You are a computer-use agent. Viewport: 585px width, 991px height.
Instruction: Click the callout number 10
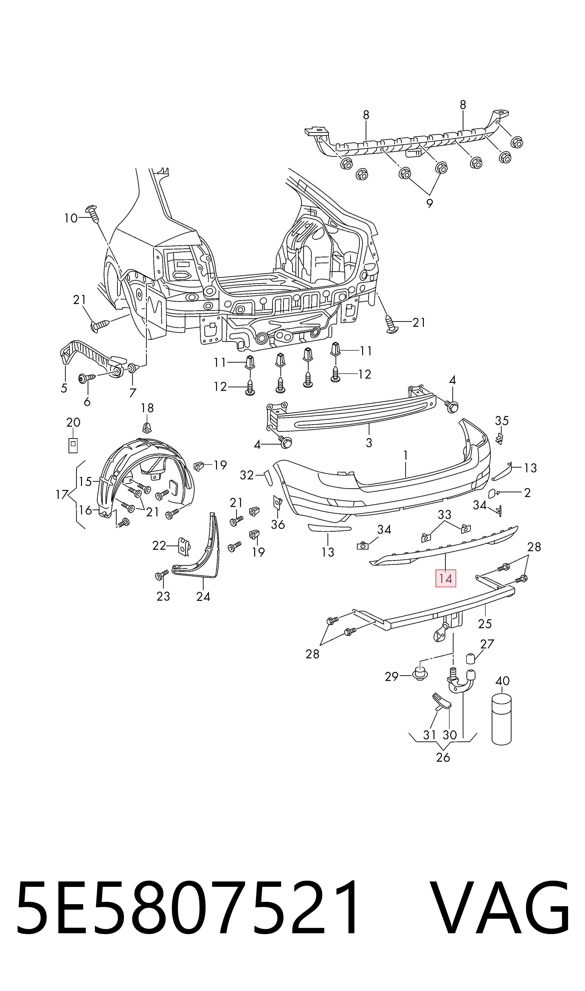pyautogui.click(x=71, y=218)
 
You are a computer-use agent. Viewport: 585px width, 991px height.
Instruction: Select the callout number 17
pyautogui.click(x=62, y=494)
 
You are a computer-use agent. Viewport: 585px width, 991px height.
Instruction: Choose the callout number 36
pyautogui.click(x=278, y=524)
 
